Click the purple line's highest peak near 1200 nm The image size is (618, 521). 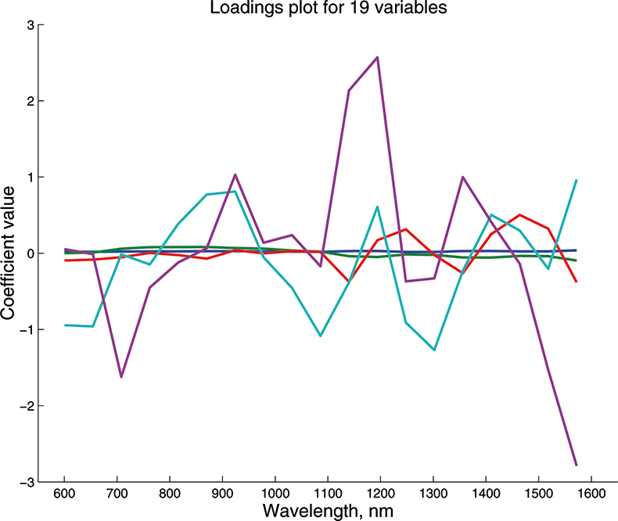pyautogui.click(x=378, y=57)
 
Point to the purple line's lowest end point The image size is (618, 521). pyautogui.click(x=577, y=465)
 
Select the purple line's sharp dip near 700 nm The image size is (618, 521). pyautogui.click(x=121, y=377)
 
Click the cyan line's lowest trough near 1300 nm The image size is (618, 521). pyautogui.click(x=434, y=350)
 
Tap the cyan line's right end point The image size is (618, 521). pyautogui.click(x=577, y=180)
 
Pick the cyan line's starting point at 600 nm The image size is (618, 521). pyautogui.click(x=65, y=325)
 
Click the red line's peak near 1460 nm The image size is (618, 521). pyautogui.click(x=520, y=214)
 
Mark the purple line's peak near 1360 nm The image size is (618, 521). pyautogui.click(x=462, y=177)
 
